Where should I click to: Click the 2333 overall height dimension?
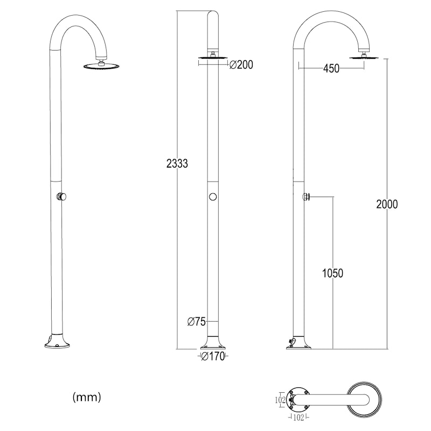tap(177, 164)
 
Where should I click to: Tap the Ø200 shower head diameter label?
tap(241, 65)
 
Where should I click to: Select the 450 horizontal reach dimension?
tap(331, 68)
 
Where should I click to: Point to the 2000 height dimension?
tap(387, 204)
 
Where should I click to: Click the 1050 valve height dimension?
tap(332, 273)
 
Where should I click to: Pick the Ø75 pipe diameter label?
tap(197, 321)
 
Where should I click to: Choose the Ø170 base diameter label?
tap(213, 357)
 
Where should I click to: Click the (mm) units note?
tap(87, 397)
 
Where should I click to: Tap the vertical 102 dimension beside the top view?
tap(280, 400)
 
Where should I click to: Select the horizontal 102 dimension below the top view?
tap(298, 418)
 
